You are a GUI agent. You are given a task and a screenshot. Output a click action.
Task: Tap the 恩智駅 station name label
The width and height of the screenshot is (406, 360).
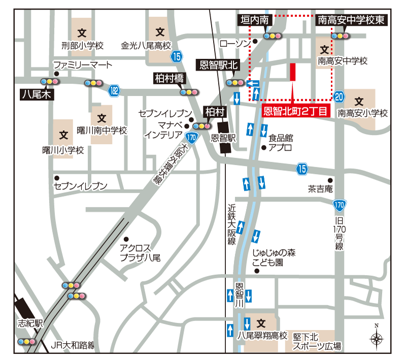pos(224,137)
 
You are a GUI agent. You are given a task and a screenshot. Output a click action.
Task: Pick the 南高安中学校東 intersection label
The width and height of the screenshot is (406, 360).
pos(353,20)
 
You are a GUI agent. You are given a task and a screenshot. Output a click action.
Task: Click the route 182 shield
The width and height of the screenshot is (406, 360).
pos(115,90)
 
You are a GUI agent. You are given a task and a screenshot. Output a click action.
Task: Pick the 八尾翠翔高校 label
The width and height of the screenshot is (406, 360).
pos(263,335)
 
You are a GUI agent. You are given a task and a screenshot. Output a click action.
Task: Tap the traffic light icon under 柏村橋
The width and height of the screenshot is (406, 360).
pos(189,92)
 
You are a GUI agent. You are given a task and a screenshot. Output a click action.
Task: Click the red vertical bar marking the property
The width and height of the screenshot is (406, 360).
pos(292,72)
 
